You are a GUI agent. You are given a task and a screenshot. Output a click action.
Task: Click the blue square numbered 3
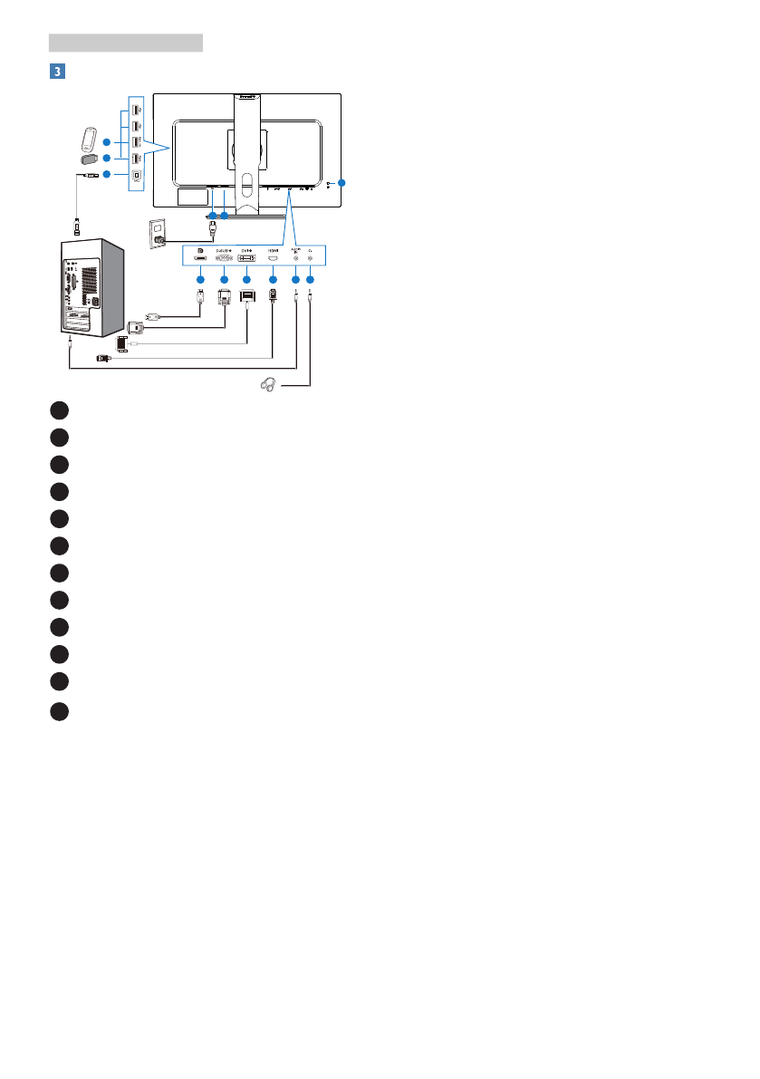point(56,70)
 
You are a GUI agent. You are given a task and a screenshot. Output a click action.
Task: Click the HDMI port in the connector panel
point(273,261)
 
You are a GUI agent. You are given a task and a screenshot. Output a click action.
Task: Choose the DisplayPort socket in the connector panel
point(199,261)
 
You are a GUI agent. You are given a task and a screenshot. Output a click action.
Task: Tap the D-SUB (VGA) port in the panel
point(225,261)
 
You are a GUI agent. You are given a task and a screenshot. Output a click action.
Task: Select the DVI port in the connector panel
point(247,261)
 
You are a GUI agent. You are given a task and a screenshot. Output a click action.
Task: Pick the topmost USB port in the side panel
point(135,109)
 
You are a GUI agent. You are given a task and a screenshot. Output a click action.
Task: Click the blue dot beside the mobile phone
point(106,142)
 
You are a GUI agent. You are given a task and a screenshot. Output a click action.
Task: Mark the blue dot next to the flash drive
point(106,159)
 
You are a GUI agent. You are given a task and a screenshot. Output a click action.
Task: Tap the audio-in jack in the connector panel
point(296,261)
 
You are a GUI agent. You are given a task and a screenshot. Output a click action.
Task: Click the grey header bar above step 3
point(125,43)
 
